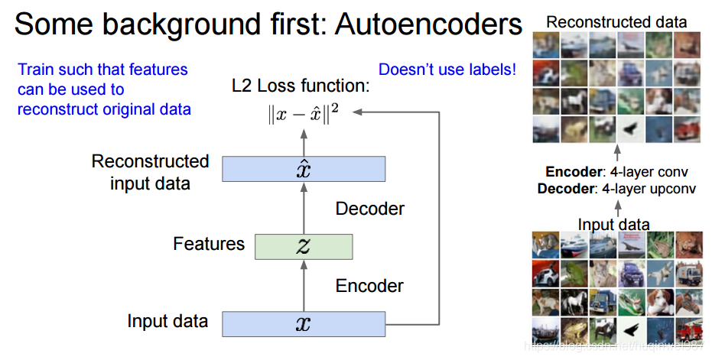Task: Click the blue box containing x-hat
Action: point(304,169)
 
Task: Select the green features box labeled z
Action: point(304,246)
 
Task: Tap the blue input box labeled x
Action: point(304,324)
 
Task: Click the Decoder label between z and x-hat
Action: point(370,208)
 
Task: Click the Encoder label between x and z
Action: point(369,286)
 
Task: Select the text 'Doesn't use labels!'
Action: point(447,70)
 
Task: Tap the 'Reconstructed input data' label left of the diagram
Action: point(150,172)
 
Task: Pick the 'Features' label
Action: point(209,245)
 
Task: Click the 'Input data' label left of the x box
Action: point(167,321)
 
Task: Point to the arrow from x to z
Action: point(304,285)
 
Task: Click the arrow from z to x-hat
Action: point(304,207)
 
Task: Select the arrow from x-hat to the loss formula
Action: point(304,141)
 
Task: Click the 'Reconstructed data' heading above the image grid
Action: point(616,23)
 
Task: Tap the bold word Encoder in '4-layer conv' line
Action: point(571,173)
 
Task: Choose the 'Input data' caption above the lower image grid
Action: point(613,225)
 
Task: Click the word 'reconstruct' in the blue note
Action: point(54,109)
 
